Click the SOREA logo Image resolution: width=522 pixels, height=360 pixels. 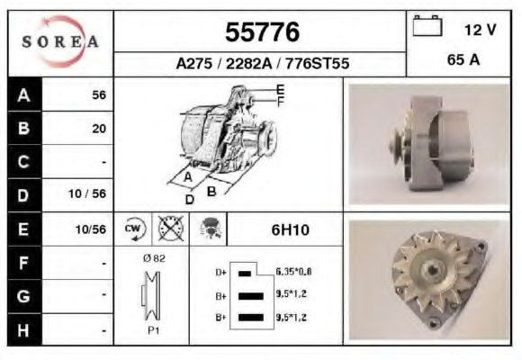(x=60, y=41)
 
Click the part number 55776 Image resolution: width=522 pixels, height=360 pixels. (x=262, y=32)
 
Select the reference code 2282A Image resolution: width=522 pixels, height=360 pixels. (x=249, y=63)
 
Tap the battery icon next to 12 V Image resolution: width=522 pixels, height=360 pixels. (x=427, y=25)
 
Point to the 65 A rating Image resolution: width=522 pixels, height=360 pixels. (x=463, y=60)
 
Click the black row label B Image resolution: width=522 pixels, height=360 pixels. (x=24, y=128)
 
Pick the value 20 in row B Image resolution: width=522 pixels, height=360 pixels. (x=99, y=129)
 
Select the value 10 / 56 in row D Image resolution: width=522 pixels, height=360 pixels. (x=87, y=193)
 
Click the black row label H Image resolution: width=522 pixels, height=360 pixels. (x=23, y=330)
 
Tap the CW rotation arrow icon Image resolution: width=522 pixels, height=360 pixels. (x=134, y=229)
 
